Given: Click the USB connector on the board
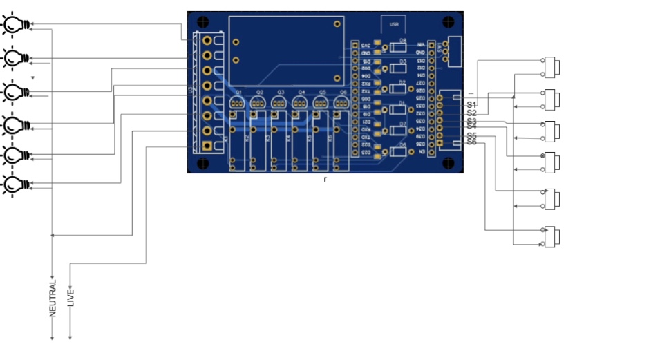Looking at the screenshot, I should pyautogui.click(x=394, y=24).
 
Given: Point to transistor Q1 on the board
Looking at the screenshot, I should pyautogui.click(x=237, y=103).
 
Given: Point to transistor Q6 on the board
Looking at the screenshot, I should pyautogui.click(x=341, y=103).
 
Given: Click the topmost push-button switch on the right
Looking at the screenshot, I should pyautogui.click(x=551, y=67).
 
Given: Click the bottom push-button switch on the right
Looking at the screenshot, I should pyautogui.click(x=551, y=236).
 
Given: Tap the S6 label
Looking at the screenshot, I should pyautogui.click(x=471, y=142).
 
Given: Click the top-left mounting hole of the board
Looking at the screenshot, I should pyautogui.click(x=204, y=26).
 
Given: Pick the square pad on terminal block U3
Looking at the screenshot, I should pyautogui.click(x=207, y=146).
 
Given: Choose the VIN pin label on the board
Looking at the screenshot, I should pyautogui.click(x=421, y=44).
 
